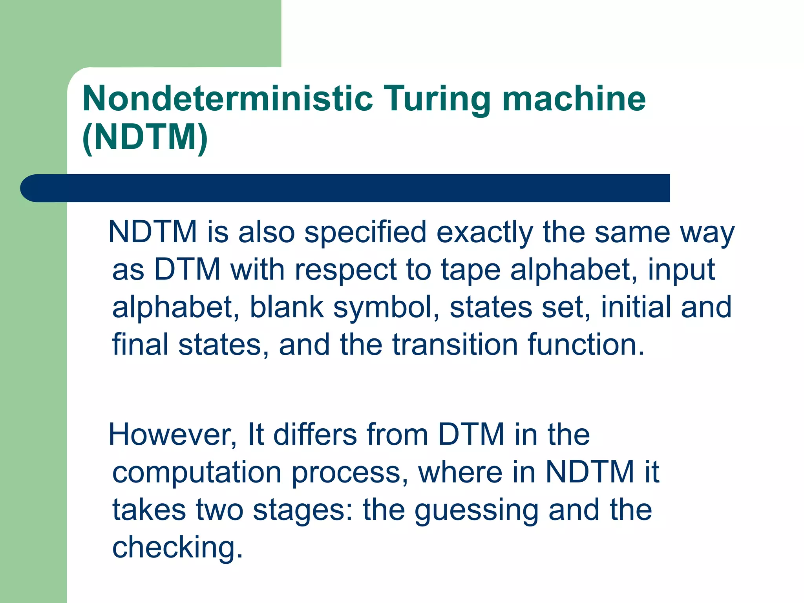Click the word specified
pos(365,232)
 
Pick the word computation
pos(197,473)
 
